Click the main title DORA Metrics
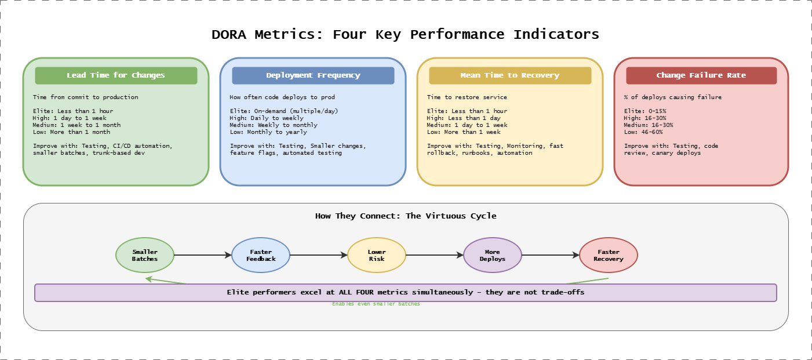[405, 34]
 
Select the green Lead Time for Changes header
[116, 75]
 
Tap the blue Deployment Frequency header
[313, 75]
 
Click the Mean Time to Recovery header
[510, 75]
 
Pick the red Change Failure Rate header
[701, 75]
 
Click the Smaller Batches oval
[145, 255]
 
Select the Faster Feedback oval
[261, 255]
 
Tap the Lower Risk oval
[377, 255]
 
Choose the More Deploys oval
[493, 255]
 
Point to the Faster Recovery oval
[609, 255]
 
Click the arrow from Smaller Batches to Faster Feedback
[203, 255]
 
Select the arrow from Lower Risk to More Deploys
[435, 255]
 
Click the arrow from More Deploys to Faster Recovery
[551, 255]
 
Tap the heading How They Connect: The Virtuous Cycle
[406, 216]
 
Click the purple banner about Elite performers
[406, 293]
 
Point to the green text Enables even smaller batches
[376, 304]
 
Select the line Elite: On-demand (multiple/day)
[283, 111]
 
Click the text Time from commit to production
[85, 97]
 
